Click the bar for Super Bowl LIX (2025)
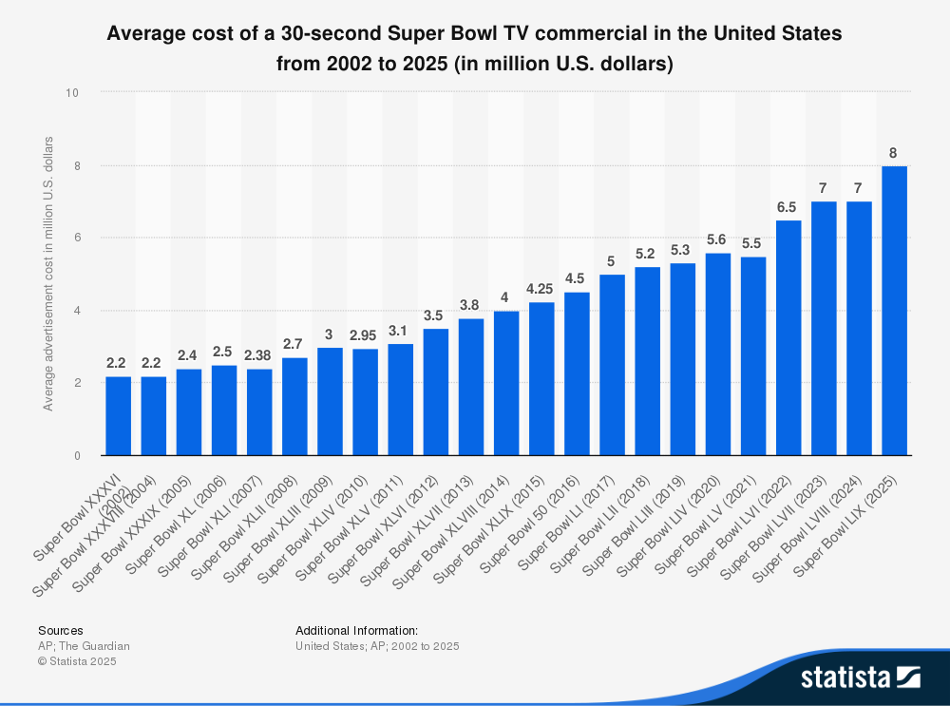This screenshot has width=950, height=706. click(x=895, y=311)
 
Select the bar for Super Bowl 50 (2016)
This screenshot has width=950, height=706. click(x=577, y=373)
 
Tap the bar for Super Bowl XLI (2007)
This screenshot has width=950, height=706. click(x=259, y=412)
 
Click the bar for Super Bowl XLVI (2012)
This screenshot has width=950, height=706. click(x=436, y=391)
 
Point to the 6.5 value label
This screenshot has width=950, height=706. click(x=788, y=207)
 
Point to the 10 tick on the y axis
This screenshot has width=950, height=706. click(x=72, y=93)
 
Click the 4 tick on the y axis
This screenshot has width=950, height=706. click(x=76, y=311)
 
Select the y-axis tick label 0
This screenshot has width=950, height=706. click(x=76, y=456)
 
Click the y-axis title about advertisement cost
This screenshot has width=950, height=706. click(x=47, y=274)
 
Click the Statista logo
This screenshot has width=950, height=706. click(x=860, y=677)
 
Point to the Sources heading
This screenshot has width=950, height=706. click(x=60, y=630)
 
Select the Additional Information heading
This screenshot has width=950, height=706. click(x=356, y=630)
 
